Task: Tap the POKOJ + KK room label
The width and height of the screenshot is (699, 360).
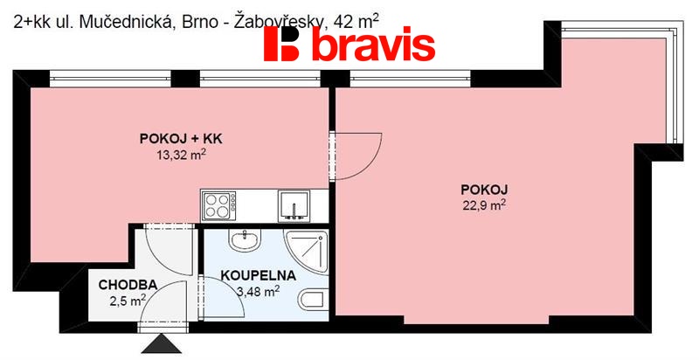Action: [176, 138]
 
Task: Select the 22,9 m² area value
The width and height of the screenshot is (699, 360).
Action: [484, 205]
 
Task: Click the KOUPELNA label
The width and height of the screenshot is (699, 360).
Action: [257, 274]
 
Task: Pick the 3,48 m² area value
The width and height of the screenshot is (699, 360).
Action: [257, 290]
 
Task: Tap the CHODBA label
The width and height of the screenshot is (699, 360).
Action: [127, 285]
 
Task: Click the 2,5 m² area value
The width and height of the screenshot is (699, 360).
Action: [128, 301]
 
